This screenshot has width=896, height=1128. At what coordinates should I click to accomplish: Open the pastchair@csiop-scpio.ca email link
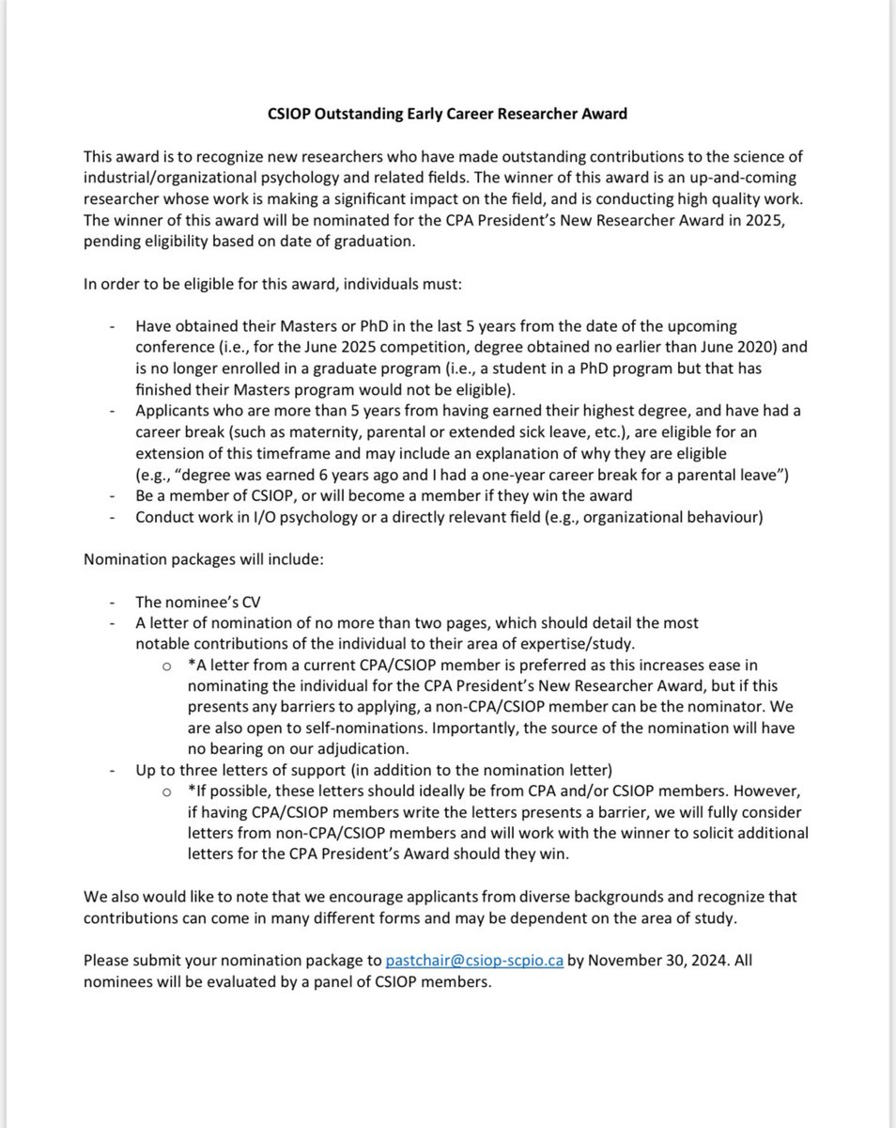[474, 961]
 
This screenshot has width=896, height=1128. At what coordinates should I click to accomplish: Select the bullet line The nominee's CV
[194, 603]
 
